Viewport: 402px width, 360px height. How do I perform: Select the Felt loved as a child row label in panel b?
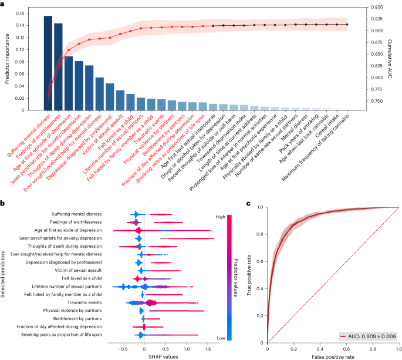(x=83, y=278)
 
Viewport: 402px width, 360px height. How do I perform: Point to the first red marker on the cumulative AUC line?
(x=48, y=95)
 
